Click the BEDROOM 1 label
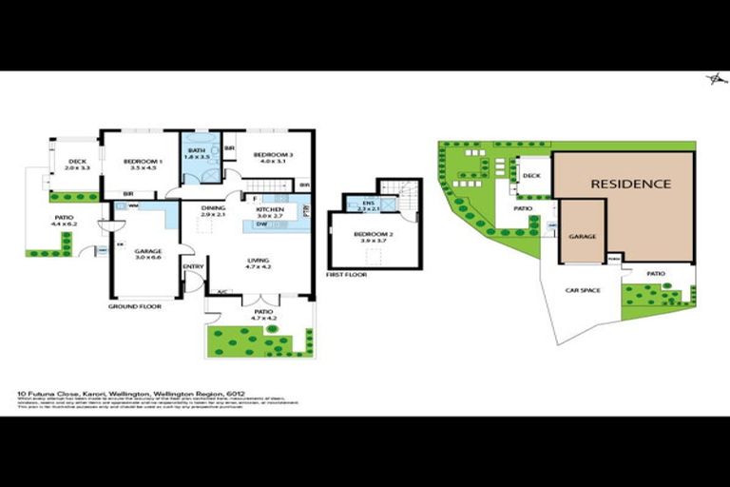(x=144, y=163)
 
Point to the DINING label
(x=213, y=208)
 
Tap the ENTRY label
(x=193, y=266)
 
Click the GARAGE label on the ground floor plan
(x=147, y=251)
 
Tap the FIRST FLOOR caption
(x=345, y=274)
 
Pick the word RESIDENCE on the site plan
(x=630, y=184)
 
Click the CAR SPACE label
(x=582, y=290)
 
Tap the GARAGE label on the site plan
(x=582, y=236)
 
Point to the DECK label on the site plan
(x=532, y=175)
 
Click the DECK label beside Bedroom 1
(x=77, y=162)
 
